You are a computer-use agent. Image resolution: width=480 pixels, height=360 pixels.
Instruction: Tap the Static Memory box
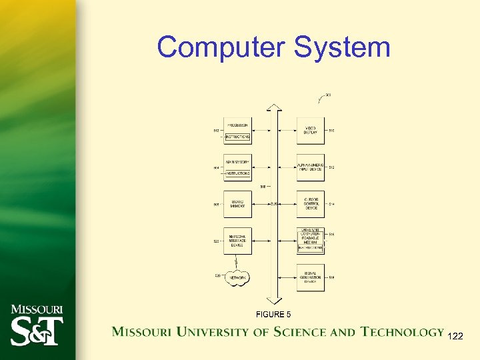click(x=237, y=203)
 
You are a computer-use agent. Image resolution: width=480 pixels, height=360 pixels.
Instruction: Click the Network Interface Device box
click(x=237, y=241)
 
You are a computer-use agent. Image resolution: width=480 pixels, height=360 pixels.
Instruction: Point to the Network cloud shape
click(x=237, y=277)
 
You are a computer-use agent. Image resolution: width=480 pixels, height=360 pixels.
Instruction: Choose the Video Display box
click(x=311, y=130)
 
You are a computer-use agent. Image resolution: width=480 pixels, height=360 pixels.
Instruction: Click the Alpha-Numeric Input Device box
click(x=311, y=167)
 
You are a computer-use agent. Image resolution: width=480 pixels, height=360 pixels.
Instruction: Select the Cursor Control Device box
click(x=311, y=203)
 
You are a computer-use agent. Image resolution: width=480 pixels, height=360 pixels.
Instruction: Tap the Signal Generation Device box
click(x=311, y=277)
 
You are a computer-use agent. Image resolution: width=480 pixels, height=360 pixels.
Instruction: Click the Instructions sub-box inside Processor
click(x=237, y=137)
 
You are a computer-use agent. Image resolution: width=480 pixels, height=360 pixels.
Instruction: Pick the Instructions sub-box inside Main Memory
click(x=237, y=173)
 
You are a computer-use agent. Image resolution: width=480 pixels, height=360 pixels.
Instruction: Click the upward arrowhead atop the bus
click(x=274, y=107)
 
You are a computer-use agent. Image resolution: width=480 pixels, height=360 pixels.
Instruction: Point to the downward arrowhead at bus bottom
click(x=274, y=301)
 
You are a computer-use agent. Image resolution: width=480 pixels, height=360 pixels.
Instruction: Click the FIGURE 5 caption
click(x=273, y=314)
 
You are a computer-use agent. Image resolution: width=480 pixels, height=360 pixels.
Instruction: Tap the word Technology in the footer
click(x=402, y=331)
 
